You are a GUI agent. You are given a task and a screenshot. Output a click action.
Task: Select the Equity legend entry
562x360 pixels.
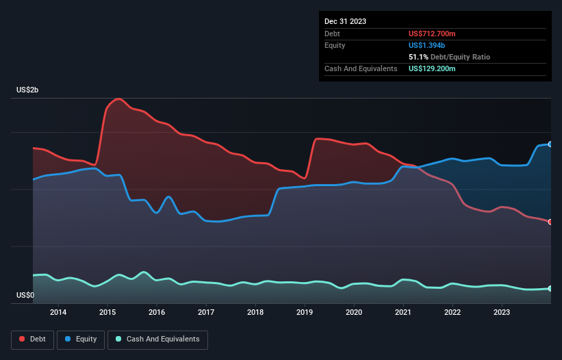click(81, 339)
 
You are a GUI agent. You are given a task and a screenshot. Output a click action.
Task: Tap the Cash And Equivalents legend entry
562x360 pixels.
click(157, 339)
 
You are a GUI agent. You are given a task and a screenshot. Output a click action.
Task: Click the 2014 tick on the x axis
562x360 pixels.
click(58, 313)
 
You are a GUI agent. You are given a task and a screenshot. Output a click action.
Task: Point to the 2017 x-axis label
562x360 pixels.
click(206, 313)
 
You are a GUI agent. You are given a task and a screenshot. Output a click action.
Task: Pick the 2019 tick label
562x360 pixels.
click(305, 313)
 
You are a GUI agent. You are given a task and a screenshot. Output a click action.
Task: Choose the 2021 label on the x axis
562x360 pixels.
click(403, 313)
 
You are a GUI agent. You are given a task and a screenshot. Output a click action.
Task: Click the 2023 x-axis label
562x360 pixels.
click(502, 313)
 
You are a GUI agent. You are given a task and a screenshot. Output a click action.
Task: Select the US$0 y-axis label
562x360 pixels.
click(26, 296)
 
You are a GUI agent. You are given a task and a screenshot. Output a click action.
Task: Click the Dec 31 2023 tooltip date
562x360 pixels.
click(345, 21)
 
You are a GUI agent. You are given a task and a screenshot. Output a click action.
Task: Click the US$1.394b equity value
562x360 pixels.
click(429, 45)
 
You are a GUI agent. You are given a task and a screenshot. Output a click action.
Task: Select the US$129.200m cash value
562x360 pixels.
click(437, 68)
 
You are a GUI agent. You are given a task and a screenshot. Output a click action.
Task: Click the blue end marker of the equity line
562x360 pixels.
click(550, 144)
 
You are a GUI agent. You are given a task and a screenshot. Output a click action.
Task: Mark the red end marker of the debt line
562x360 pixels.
click(550, 222)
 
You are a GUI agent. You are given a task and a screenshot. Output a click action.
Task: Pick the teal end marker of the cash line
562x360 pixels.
click(550, 288)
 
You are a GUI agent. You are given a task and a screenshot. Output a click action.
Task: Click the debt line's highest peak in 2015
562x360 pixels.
click(120, 99)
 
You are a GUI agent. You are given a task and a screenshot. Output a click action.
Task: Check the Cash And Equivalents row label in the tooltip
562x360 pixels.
click(361, 68)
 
